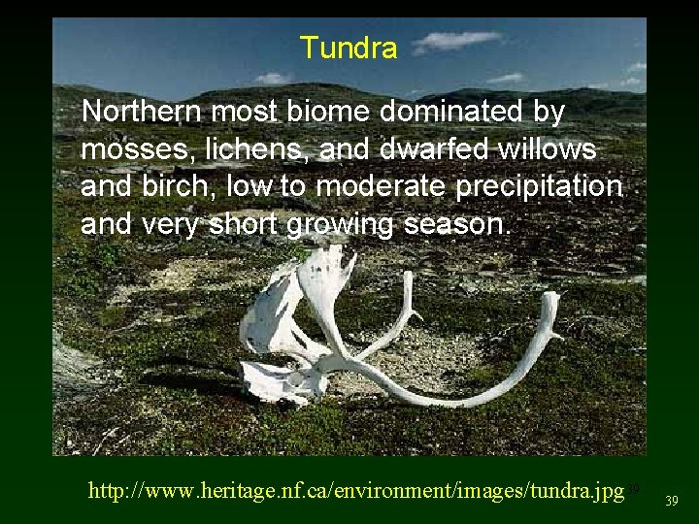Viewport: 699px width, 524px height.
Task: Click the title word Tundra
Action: click(349, 48)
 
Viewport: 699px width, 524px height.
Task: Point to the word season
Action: click(457, 226)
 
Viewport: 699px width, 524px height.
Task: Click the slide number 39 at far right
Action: click(672, 500)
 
